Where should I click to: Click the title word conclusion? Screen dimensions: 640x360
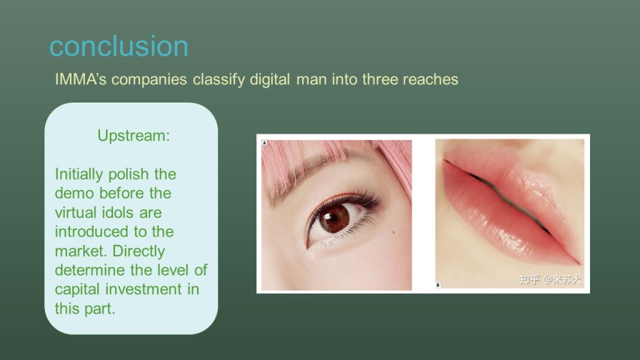pos(119,46)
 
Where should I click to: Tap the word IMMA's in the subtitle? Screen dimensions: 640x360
pos(81,79)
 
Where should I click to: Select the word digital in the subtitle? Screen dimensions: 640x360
pos(269,79)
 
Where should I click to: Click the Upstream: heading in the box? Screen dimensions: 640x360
pos(134,136)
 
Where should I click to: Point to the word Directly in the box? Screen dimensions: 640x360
pos(139,251)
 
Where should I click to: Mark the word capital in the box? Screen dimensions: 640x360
pos(77,289)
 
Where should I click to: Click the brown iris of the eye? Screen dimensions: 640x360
pos(334,218)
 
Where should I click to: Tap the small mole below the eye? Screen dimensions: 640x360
pos(394,232)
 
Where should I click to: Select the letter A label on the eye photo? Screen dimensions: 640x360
pos(264,143)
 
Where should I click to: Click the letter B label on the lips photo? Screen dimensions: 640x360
pos(438,285)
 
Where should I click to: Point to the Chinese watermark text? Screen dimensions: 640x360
pos(550,279)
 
